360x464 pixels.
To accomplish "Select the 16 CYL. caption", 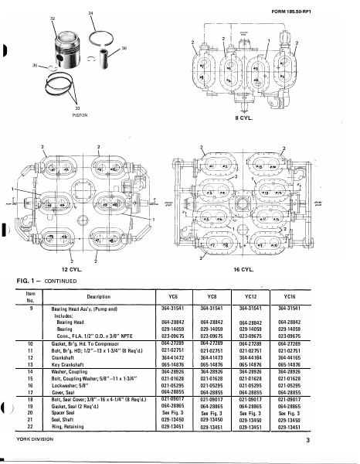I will click(243, 270).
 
